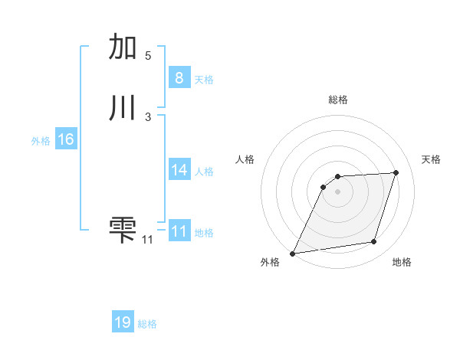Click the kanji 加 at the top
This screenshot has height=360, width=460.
click(x=123, y=47)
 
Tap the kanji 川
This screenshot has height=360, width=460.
click(x=123, y=108)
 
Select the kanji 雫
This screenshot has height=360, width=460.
click(x=123, y=229)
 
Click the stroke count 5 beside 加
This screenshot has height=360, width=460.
click(x=148, y=56)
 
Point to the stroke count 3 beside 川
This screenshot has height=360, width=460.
click(x=148, y=117)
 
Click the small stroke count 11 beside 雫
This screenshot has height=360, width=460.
click(x=147, y=240)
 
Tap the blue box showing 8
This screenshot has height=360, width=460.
click(x=179, y=77)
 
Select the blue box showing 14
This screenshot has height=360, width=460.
click(x=179, y=170)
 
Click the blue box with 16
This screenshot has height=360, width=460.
click(x=65, y=139)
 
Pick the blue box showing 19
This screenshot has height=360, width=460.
click(x=123, y=322)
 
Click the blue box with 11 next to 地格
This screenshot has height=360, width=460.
click(x=179, y=231)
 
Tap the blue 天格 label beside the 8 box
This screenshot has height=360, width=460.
click(x=204, y=79)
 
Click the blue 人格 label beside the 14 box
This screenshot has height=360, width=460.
click(x=204, y=172)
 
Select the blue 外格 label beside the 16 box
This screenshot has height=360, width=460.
click(x=41, y=141)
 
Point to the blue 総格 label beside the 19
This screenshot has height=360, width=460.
click(x=147, y=324)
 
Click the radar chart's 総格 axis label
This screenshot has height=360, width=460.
click(x=338, y=100)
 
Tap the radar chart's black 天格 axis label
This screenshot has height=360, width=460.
click(x=431, y=159)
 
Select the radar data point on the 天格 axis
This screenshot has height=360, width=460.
click(x=396, y=173)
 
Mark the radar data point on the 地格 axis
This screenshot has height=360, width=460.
click(x=374, y=242)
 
